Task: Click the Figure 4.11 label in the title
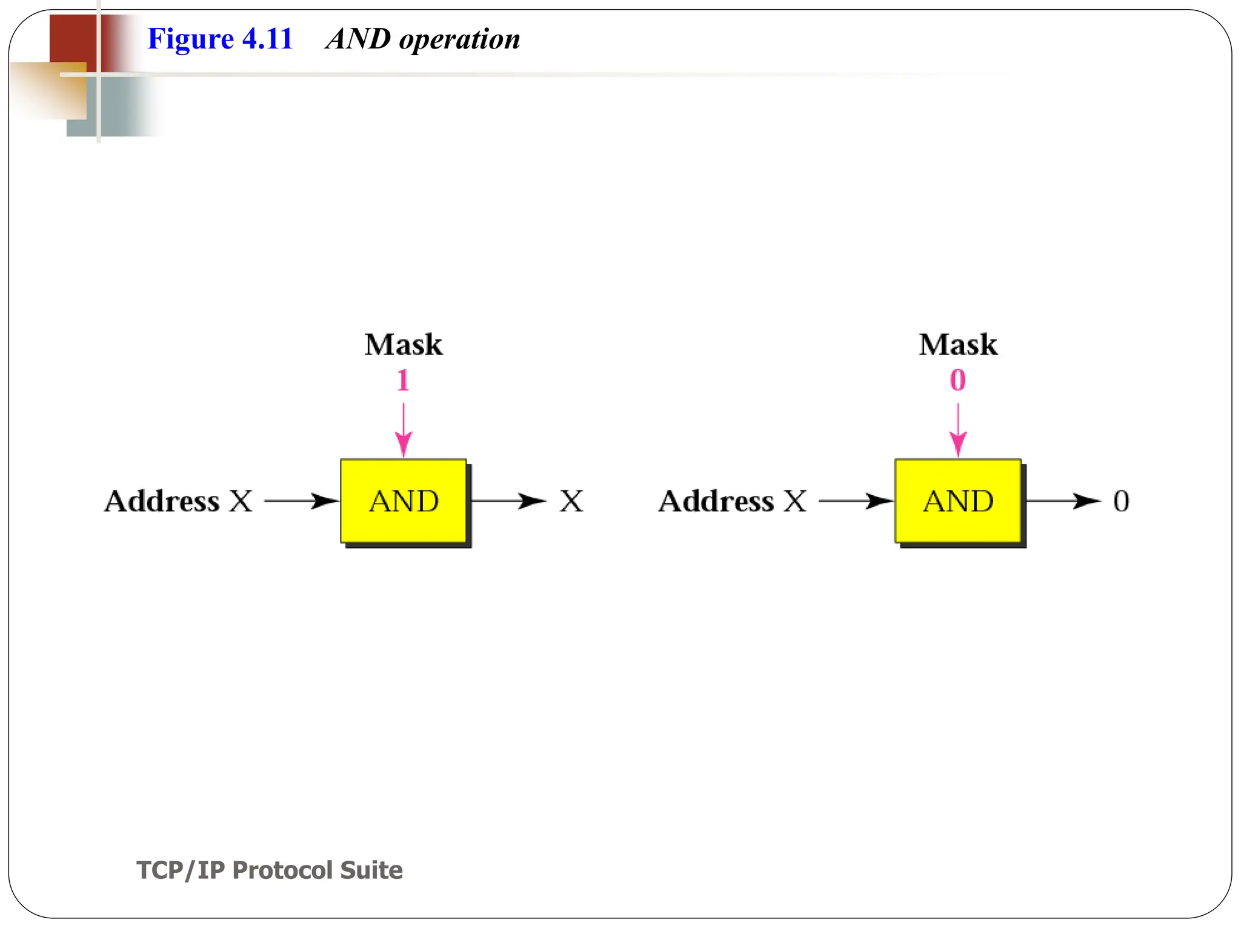(220, 39)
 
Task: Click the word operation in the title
(459, 40)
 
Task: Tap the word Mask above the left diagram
(403, 344)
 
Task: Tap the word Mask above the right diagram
(957, 344)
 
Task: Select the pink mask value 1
(403, 381)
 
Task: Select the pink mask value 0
(957, 381)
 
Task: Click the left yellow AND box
(404, 501)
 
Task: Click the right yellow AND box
(958, 501)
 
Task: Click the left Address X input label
(178, 501)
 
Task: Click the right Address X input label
(733, 501)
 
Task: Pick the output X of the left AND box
(571, 501)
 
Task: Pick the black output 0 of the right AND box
(1121, 501)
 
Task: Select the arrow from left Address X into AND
(301, 501)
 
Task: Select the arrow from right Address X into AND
(856, 501)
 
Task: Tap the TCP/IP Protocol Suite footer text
(270, 870)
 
